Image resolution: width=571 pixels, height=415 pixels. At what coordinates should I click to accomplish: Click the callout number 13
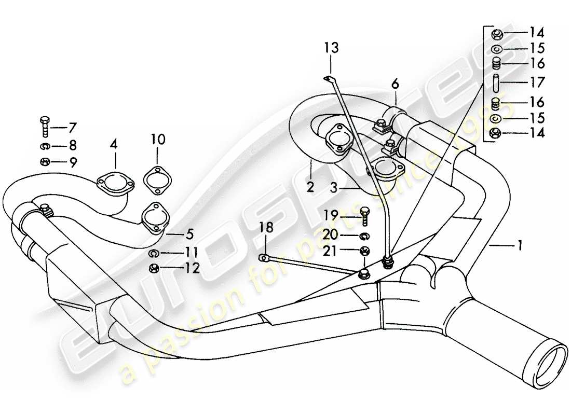[x=331, y=48]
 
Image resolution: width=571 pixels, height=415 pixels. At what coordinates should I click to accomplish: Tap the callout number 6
[x=395, y=83]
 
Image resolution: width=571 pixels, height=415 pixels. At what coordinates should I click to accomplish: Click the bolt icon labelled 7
[x=44, y=127]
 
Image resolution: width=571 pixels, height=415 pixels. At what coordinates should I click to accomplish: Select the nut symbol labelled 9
[x=44, y=162]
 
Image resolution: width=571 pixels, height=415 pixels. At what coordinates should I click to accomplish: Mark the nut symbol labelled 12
[x=154, y=269]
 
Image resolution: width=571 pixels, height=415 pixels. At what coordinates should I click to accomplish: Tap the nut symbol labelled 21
[x=364, y=252]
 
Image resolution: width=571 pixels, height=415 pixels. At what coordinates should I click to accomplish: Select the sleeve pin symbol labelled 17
[x=496, y=82]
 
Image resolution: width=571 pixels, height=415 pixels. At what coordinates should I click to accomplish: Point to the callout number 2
[x=310, y=187]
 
